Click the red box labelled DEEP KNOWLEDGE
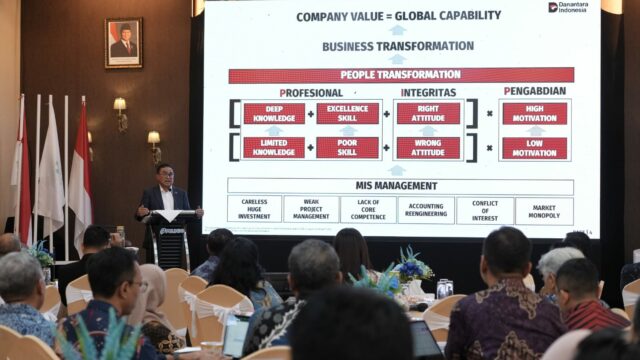(x=273, y=113)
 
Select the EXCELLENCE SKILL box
(x=348, y=113)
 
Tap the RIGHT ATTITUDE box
(x=428, y=113)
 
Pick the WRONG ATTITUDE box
(x=428, y=147)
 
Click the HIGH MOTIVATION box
(x=534, y=113)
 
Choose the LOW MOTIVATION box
(x=534, y=147)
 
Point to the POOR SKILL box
(x=348, y=147)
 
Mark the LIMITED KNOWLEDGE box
(x=273, y=147)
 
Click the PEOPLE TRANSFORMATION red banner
(x=401, y=75)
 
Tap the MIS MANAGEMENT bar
(x=401, y=186)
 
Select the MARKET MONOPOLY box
(x=544, y=210)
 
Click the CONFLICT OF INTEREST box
(x=485, y=210)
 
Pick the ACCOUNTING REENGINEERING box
(x=426, y=210)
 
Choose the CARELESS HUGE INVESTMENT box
(x=254, y=210)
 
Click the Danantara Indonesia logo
(x=568, y=8)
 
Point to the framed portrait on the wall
(x=124, y=42)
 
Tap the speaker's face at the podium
(x=165, y=175)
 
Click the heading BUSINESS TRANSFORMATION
(x=398, y=46)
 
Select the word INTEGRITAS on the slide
(x=428, y=91)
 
